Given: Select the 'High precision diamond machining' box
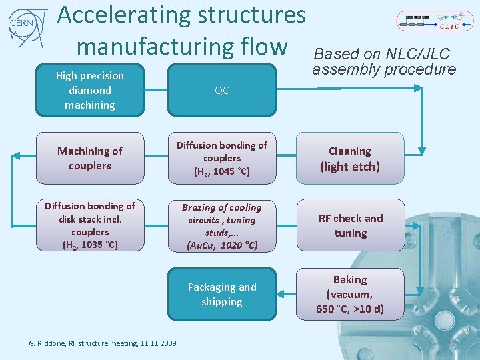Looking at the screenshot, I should [x=90, y=91].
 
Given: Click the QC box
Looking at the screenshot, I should [x=222, y=91].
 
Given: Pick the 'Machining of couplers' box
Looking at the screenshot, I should [x=90, y=159].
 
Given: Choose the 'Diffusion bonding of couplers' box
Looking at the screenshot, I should [x=222, y=159].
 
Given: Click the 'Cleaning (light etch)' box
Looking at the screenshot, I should [x=350, y=159].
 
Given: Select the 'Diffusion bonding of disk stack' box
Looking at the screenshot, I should [x=90, y=225].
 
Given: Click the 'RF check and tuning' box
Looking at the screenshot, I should [x=350, y=225].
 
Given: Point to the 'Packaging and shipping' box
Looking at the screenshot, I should [x=222, y=294].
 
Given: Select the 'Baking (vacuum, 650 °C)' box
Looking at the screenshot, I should [x=350, y=294].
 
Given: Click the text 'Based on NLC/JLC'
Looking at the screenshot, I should [x=382, y=54].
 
